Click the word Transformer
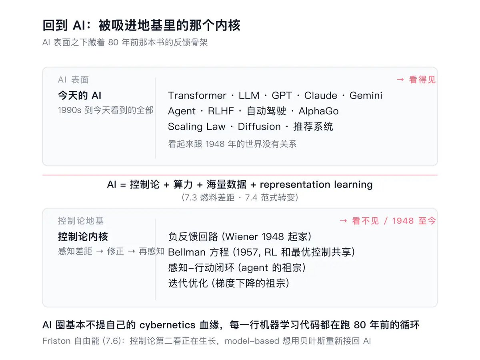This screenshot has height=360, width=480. coord(197,96)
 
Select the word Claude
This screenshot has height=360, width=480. coord(320,96)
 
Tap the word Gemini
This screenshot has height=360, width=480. coord(366,96)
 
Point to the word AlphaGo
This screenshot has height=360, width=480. coord(319,111)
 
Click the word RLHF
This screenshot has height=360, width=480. coord(221,111)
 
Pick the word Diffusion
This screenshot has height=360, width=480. coord(259,126)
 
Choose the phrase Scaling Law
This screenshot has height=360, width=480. coord(196,127)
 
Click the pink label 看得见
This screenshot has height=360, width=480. coord(422,80)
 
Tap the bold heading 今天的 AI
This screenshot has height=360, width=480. coord(80,96)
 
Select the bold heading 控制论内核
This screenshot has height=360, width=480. coord(83,236)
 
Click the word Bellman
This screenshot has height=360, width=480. coord(186,252)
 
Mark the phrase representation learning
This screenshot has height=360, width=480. coord(316,185)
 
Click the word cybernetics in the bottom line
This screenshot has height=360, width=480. coord(167,325)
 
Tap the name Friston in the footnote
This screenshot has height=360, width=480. coord(56,341)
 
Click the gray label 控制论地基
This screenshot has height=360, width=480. coord(81,221)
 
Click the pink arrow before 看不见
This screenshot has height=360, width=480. coord(343,221)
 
